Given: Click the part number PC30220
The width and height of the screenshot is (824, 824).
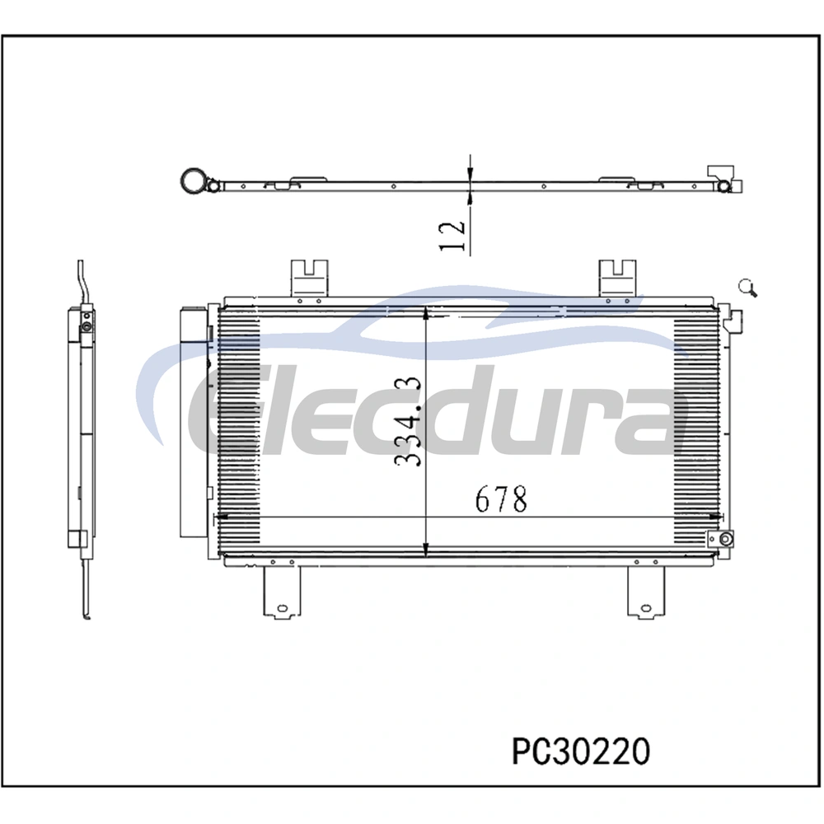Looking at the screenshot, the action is point(581,751).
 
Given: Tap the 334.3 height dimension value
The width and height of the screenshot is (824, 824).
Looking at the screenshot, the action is point(408,421).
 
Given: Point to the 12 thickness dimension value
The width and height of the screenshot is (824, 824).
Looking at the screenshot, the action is point(452,236).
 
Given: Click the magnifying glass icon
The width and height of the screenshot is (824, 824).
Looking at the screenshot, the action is point(747,288).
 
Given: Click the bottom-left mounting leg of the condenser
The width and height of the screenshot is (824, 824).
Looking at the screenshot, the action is point(282,591).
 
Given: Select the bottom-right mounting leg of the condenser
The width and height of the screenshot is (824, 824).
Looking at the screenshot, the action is point(646,591).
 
